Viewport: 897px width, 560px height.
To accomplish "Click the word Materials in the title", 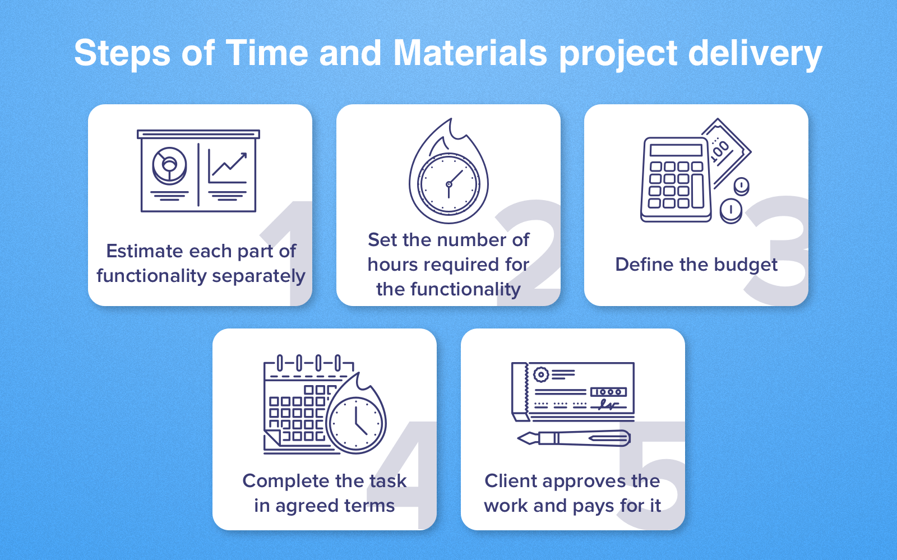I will pyautogui.click(x=470, y=53).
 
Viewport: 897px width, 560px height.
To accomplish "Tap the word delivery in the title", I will pyautogui.click(x=755, y=54).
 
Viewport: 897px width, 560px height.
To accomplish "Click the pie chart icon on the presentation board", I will pyautogui.click(x=169, y=165).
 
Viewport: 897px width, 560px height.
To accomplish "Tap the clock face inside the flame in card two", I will pyautogui.click(x=449, y=184).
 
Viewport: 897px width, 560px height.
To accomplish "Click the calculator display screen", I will pyautogui.click(x=676, y=150).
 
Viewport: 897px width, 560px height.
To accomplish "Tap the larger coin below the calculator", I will pyautogui.click(x=730, y=211).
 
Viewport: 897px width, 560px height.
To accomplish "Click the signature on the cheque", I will pyautogui.click(x=608, y=404).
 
